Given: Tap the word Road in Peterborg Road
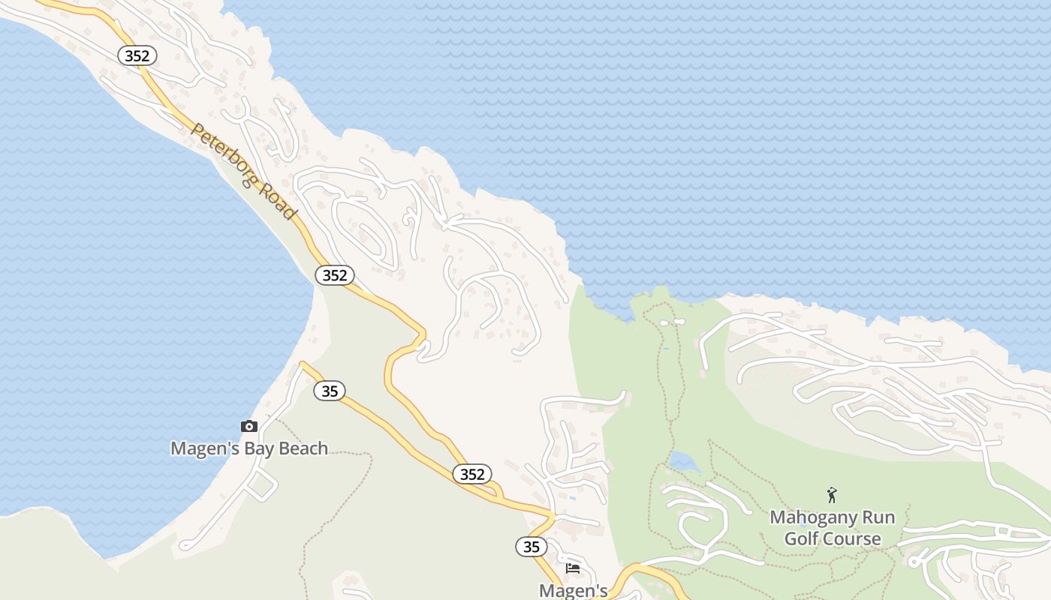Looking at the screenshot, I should click(279, 202).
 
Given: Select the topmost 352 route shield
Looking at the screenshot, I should click(138, 55).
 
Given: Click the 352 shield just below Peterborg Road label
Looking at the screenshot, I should click(334, 275).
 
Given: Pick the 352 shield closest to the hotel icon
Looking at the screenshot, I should click(472, 474).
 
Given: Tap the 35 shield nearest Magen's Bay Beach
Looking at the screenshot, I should click(329, 391).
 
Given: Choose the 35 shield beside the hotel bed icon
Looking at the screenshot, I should click(532, 547).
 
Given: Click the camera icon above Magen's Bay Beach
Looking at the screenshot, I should click(248, 427).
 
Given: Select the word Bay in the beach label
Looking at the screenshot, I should click(248, 448).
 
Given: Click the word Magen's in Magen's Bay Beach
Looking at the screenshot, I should click(198, 448).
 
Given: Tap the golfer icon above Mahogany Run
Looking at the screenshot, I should click(832, 495).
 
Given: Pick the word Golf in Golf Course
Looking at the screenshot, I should click(801, 538).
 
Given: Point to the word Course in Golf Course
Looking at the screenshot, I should click(852, 538).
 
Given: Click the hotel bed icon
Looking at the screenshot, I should click(573, 568).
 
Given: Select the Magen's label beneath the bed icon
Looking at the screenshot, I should click(573, 591).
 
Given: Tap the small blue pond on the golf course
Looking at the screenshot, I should click(684, 460).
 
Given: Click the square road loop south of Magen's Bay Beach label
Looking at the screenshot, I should click(261, 486).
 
